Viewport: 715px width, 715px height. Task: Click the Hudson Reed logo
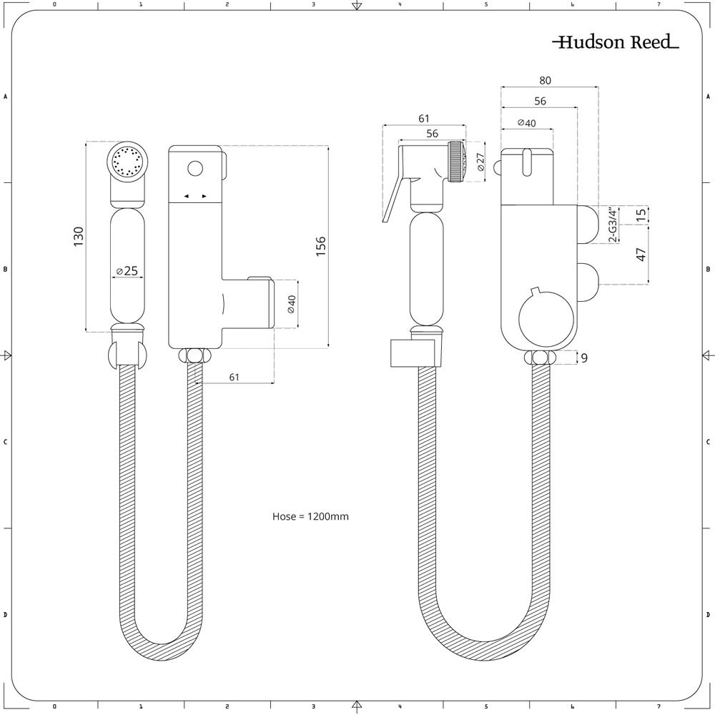click(x=616, y=42)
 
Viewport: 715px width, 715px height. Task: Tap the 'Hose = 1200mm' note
click(x=310, y=516)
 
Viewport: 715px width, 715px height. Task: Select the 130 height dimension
click(x=79, y=236)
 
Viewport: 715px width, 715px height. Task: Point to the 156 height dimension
click(x=321, y=246)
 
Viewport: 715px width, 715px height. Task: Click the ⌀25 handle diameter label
click(x=127, y=271)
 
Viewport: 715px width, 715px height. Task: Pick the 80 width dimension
click(x=545, y=81)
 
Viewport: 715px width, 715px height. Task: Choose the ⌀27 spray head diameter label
click(x=480, y=162)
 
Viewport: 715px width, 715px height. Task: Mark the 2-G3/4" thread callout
click(x=613, y=225)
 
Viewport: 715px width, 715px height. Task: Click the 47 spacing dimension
click(x=641, y=255)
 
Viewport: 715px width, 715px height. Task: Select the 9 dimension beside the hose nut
click(x=584, y=358)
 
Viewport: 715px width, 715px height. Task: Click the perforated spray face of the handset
click(x=127, y=160)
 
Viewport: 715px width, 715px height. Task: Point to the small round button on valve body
click(x=194, y=169)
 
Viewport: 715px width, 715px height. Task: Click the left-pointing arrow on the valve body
click(x=186, y=197)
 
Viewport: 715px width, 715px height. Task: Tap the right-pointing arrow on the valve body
click(x=204, y=197)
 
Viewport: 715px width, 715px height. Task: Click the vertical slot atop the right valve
click(x=527, y=162)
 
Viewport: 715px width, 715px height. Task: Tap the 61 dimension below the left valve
click(x=234, y=377)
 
